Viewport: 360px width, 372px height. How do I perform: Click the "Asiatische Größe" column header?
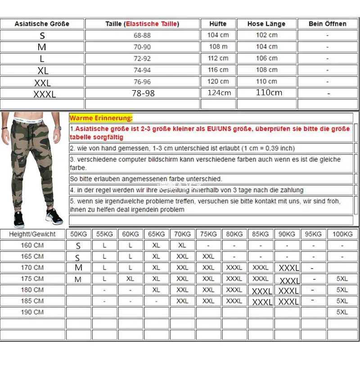pos(42,24)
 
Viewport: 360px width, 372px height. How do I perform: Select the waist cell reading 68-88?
pos(142,35)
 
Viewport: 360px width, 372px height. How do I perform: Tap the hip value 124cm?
pos(219,93)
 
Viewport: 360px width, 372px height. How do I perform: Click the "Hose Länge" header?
pos(267,24)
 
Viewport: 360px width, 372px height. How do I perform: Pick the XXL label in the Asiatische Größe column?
pos(42,83)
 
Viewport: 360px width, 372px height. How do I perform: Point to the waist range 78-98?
pos(142,93)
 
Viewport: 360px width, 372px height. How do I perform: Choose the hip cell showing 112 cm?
pos(218,58)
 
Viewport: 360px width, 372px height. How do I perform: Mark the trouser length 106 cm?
pos(267,58)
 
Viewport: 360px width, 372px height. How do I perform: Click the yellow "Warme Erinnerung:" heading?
pos(101,118)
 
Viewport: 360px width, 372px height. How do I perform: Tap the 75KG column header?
pos(208,234)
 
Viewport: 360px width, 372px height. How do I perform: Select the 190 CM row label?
pos(32,312)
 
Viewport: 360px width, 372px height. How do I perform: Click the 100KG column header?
pos(342,234)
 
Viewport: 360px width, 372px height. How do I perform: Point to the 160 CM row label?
pos(32,245)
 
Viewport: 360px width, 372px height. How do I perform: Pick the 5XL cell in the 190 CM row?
pos(342,312)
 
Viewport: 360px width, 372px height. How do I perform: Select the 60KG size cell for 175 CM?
pos(130,279)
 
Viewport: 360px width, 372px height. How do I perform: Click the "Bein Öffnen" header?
pos(328,24)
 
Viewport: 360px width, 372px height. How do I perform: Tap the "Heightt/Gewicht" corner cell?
pos(32,234)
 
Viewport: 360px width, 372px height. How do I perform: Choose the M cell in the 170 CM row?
pos(79,268)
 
